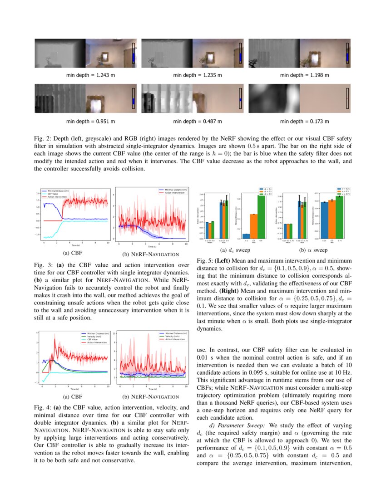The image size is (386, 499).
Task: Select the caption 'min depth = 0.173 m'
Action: pyautogui.click(x=304, y=121)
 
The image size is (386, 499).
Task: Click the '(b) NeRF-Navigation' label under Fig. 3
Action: pyautogui.click(x=148, y=254)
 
